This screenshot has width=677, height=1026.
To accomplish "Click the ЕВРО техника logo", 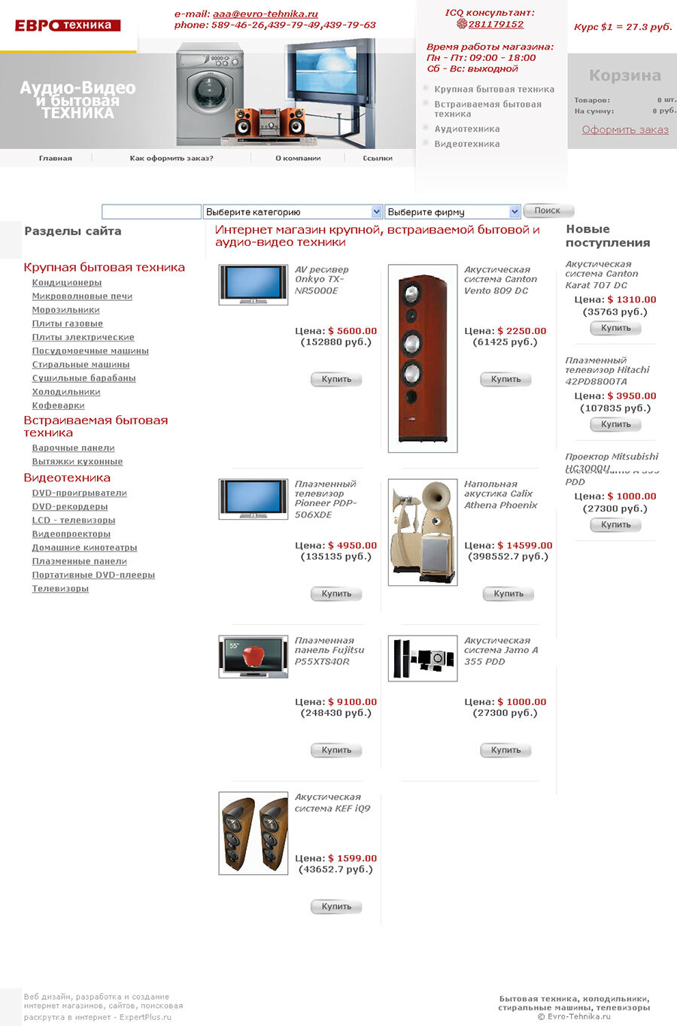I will tap(68, 26).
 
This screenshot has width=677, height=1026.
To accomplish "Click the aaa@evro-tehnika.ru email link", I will tap(265, 14).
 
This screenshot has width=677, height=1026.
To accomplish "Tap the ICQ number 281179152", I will tap(496, 24).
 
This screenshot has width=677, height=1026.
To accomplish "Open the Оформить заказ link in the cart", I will tap(624, 129).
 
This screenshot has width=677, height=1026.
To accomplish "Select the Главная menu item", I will tap(56, 158).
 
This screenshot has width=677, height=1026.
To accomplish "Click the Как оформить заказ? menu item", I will tap(172, 158).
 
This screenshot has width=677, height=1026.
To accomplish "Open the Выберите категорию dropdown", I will tap(293, 212).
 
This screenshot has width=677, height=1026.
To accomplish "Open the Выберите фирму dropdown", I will tap(453, 212).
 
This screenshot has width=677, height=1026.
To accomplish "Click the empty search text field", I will tap(151, 212).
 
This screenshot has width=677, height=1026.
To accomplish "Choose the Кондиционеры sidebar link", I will tap(67, 283).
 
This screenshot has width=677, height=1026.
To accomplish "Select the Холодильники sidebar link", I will tap(66, 392).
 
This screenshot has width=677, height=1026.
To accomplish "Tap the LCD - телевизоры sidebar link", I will tap(74, 521).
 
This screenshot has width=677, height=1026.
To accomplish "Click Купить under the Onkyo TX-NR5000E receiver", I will tap(336, 379).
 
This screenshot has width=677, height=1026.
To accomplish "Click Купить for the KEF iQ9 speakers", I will tap(336, 906).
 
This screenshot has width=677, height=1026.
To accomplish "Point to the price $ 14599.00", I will tap(524, 545).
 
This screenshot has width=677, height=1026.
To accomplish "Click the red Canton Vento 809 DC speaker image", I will tap(423, 358).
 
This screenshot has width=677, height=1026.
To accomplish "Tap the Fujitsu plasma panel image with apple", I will tap(253, 657).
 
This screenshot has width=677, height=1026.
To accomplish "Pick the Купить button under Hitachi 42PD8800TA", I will tap(615, 424).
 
